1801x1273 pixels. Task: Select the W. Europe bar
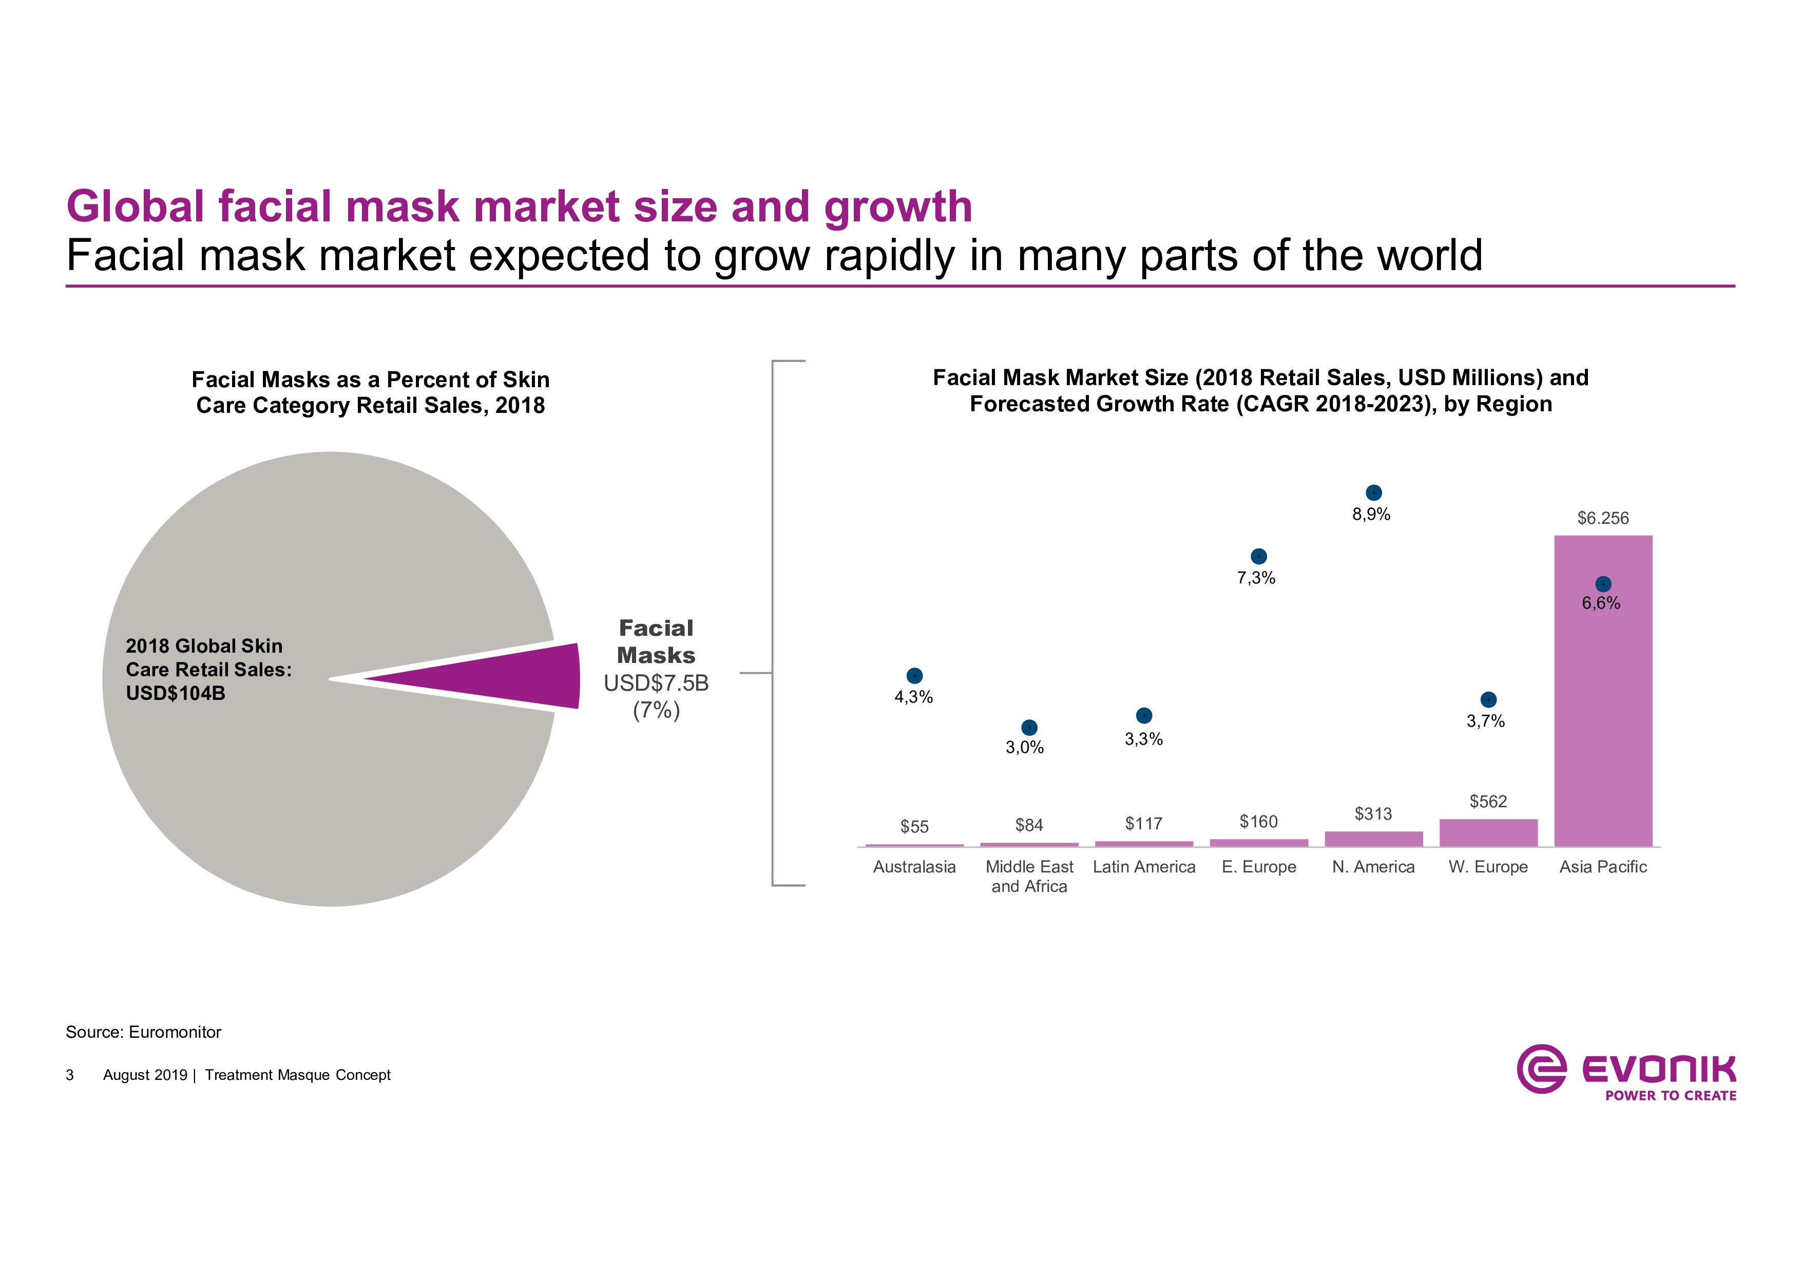point(1488,833)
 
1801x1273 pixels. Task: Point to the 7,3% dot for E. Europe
point(1258,556)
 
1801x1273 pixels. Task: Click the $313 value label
point(1373,814)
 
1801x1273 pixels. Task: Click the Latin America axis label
point(1144,867)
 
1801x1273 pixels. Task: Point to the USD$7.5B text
point(656,683)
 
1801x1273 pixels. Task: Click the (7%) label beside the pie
point(656,711)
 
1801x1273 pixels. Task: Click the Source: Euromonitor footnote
point(144,1032)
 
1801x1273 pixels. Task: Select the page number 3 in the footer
point(70,1075)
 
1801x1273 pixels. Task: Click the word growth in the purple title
point(897,206)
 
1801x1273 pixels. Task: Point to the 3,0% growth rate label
point(1024,748)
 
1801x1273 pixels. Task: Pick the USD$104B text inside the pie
point(176,693)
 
